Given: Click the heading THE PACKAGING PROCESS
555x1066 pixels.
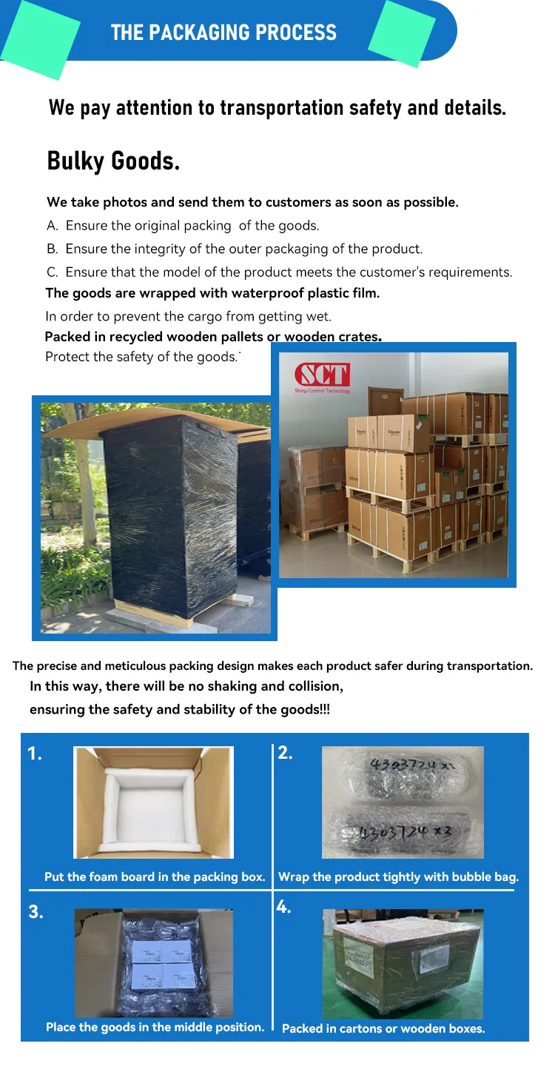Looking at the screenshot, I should (x=223, y=33).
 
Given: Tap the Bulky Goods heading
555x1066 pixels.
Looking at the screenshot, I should (x=113, y=161).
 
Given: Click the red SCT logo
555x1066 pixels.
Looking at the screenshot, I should (x=322, y=374).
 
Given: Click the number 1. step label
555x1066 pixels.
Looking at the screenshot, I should (x=35, y=754).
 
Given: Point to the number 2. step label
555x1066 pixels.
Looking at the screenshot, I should (x=285, y=754).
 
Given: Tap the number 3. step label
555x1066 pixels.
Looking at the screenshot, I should (x=36, y=912).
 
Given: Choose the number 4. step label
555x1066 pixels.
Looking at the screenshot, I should (x=284, y=907).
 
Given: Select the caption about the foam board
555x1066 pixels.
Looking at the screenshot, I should (x=155, y=877).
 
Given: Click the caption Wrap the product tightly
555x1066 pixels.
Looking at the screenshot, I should (x=398, y=877).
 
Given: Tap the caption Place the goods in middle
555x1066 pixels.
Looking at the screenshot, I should (x=155, y=1027).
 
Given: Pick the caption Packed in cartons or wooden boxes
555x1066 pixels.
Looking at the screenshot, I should (x=383, y=1028).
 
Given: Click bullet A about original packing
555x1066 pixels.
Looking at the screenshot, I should (x=184, y=226).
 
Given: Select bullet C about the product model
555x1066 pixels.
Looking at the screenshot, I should (x=280, y=272).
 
